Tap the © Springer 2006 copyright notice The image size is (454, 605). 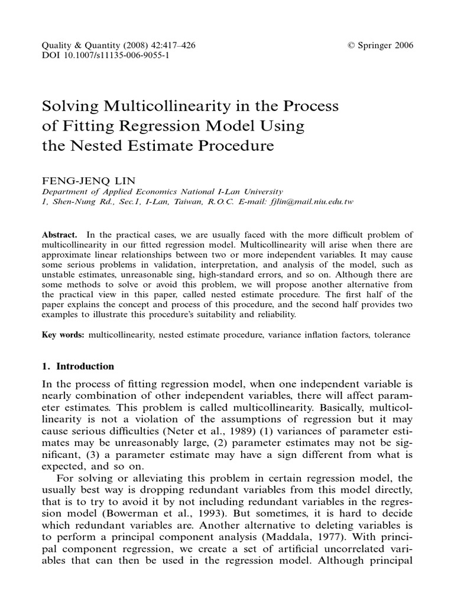[381, 45]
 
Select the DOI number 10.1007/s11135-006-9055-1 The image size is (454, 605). [112, 56]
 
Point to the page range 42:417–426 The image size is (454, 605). [167, 45]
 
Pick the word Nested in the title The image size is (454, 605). [89, 146]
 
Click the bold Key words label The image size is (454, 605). [63, 335]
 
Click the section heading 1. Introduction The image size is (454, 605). [78, 366]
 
